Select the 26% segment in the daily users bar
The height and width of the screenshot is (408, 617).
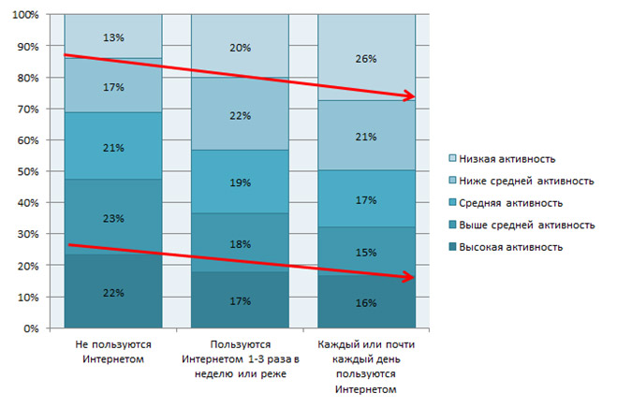pyautogui.click(x=367, y=59)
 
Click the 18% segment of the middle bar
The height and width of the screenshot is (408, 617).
pyautogui.click(x=240, y=243)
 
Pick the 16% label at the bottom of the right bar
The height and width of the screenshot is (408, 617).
pyautogui.click(x=367, y=302)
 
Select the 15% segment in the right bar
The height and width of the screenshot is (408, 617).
pyautogui.click(x=367, y=252)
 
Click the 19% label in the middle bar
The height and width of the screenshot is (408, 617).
pyautogui.click(x=240, y=182)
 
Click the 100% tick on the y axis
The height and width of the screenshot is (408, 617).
pyautogui.click(x=23, y=15)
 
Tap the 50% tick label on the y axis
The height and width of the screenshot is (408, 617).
pyautogui.click(x=26, y=172)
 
